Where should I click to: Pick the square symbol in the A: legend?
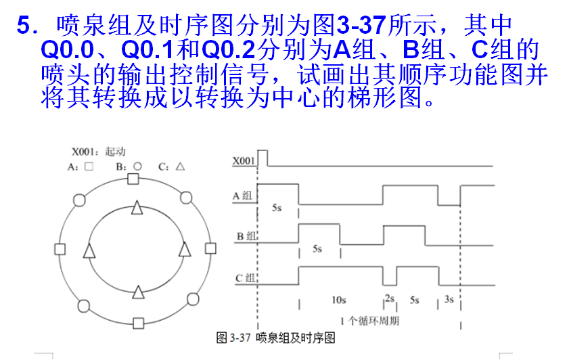click(x=89, y=166)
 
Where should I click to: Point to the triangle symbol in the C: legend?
click(x=180, y=166)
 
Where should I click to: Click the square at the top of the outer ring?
click(x=133, y=179)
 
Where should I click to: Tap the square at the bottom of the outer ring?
click(x=138, y=323)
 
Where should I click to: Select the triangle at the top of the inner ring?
click(x=137, y=208)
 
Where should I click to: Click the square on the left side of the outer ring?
click(x=60, y=249)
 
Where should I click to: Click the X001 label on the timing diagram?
click(x=243, y=161)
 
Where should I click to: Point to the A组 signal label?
click(x=242, y=196)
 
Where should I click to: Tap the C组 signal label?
click(x=244, y=277)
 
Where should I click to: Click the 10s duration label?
click(x=340, y=299)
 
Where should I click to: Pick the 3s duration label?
click(x=450, y=299)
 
